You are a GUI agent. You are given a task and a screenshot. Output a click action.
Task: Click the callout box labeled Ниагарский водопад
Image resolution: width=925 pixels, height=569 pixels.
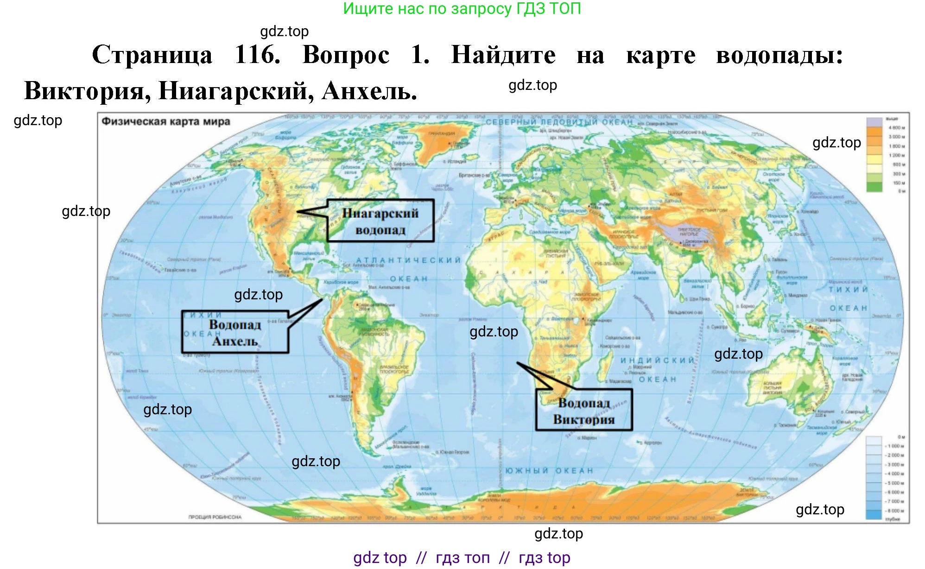tap(380, 221)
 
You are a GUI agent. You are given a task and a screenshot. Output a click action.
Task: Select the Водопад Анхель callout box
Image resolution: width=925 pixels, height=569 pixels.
tap(235, 332)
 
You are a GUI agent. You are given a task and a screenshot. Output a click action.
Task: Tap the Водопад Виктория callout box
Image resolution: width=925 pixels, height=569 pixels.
tap(583, 411)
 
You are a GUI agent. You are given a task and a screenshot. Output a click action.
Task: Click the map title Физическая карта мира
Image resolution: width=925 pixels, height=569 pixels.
tap(165, 121)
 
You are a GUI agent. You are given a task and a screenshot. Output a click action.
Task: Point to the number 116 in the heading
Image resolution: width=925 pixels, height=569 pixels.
tap(258, 55)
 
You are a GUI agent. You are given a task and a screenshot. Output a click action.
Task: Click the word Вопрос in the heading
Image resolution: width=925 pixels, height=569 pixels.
tap(346, 55)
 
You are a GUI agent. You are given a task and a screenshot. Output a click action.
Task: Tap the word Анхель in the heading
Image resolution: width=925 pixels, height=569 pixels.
tap(369, 90)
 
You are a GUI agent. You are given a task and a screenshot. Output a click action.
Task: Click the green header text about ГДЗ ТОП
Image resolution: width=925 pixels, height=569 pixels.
tap(462, 8)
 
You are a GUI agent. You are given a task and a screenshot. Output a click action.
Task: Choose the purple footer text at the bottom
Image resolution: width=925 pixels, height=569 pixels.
tap(462, 557)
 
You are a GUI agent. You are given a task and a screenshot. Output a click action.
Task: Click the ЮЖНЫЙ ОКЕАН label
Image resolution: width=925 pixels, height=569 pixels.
tap(549, 471)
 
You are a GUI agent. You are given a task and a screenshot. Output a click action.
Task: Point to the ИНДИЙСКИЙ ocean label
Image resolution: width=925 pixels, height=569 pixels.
tap(657, 360)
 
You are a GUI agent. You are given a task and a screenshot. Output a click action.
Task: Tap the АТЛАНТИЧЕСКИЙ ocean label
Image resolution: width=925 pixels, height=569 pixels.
tap(408, 260)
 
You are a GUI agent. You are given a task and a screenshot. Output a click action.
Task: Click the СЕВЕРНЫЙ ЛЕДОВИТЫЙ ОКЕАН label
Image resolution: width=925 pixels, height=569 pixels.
tap(559, 122)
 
